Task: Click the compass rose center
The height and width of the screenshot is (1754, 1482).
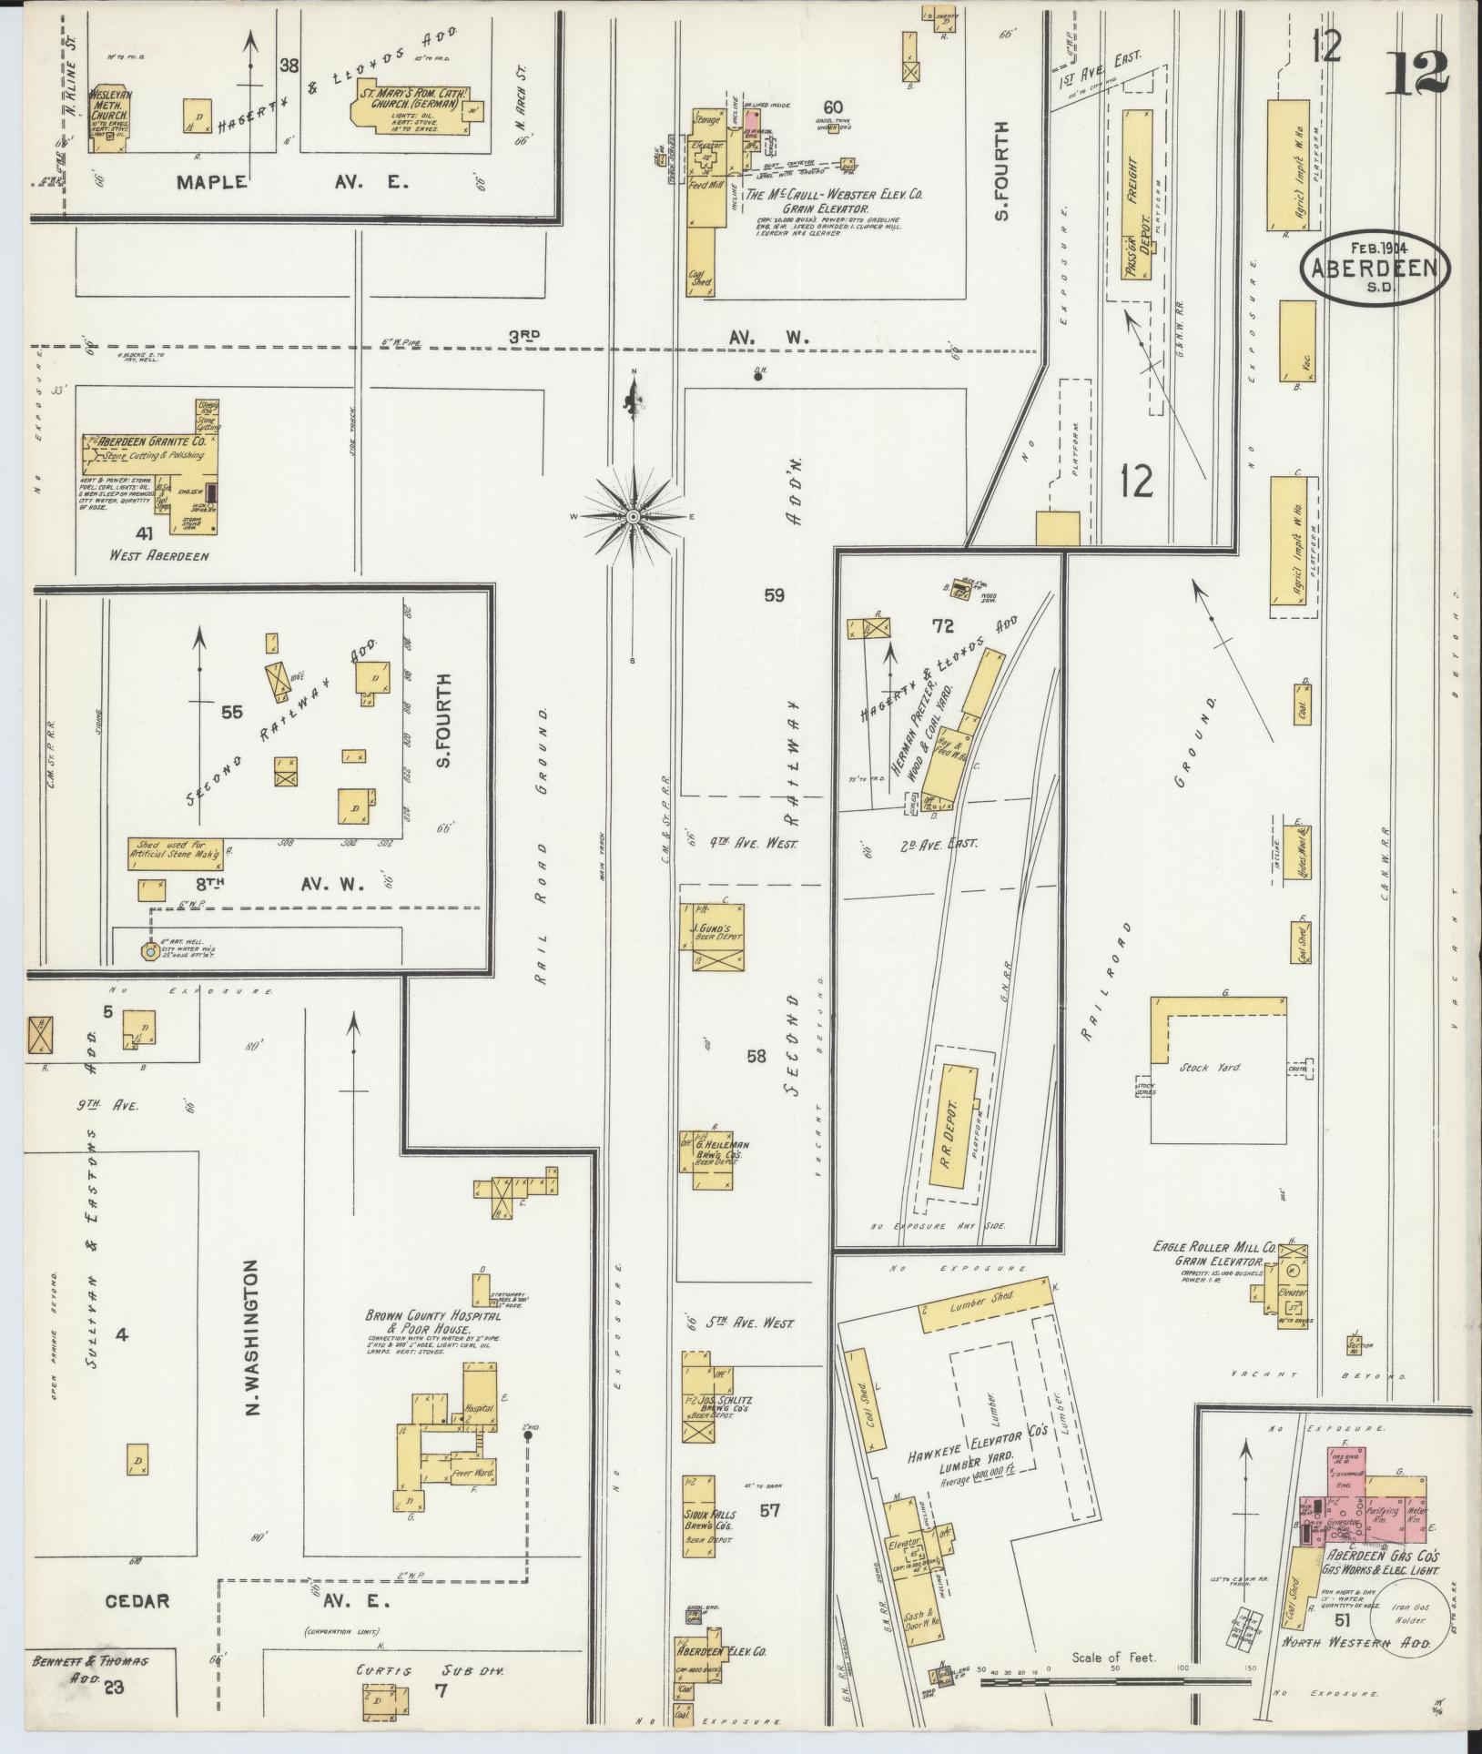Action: pyautogui.click(x=631, y=516)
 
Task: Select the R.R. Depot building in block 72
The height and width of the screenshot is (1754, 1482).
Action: pyautogui.click(x=955, y=1124)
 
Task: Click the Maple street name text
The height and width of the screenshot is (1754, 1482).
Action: pyautogui.click(x=211, y=181)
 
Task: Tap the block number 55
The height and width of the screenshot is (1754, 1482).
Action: pyautogui.click(x=232, y=712)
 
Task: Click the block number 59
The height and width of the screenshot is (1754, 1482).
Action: pyautogui.click(x=774, y=595)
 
